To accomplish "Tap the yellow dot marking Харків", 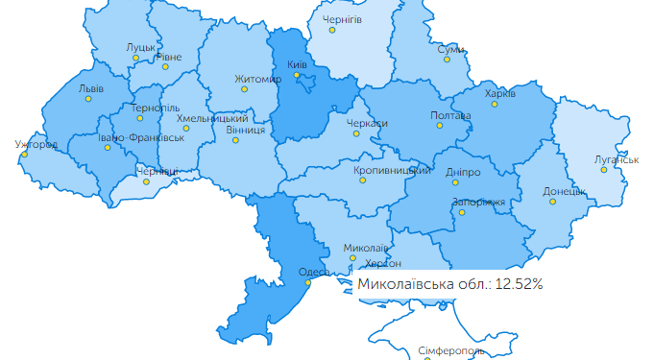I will pos(496,104).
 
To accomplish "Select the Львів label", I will pos(91,87).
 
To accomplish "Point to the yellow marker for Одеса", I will pos(308,282).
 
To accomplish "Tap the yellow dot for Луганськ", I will pos(604,170).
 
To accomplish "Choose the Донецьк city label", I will pos(564,191).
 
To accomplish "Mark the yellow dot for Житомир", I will pos(245,89).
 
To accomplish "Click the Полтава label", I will pos(451,116).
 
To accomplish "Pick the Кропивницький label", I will pos(391,170).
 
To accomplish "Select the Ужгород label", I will pos(36,145).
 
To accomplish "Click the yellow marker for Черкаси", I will pos(356,133).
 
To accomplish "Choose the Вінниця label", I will pos(246,130).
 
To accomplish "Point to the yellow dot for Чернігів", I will pos(332,30).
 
